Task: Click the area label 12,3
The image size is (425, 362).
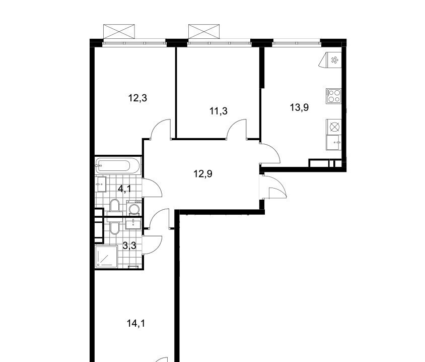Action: coord(137,98)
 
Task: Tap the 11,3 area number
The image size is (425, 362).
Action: coord(219,111)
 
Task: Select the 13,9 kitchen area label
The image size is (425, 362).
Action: coord(299,107)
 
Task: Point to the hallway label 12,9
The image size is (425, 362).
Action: coord(203,173)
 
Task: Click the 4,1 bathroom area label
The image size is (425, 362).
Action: coord(124,188)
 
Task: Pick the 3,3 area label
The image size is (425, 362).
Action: coord(129,246)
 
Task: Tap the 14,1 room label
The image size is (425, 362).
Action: coord(136,323)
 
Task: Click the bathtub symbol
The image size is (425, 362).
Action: coord(118,165)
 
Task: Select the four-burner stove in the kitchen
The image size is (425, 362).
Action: coord(334,96)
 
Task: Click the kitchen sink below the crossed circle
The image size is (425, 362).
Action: coord(334,143)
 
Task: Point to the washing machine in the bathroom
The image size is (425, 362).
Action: coord(134,208)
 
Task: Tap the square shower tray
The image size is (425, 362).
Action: coord(106,257)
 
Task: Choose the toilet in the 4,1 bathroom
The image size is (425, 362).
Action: coord(115,205)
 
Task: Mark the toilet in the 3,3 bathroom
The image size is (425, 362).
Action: coord(115,228)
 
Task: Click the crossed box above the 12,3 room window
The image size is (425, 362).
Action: coord(119,31)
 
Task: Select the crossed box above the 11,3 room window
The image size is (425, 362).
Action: coord(204,31)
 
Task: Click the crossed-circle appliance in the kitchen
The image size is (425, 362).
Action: coord(334,127)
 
